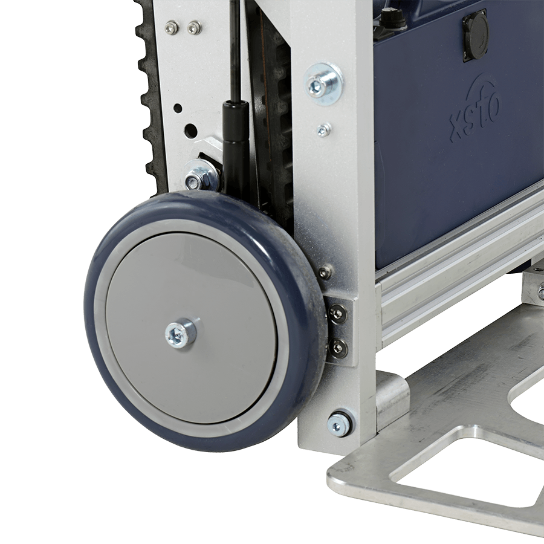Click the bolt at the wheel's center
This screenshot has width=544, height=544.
pos(180,334)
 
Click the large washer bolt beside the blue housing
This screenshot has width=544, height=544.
pos(323,83)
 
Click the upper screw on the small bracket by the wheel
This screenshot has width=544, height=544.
pos(338,314)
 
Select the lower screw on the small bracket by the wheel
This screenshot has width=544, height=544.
pos(338,346)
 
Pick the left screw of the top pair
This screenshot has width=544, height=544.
pos(170,27)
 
